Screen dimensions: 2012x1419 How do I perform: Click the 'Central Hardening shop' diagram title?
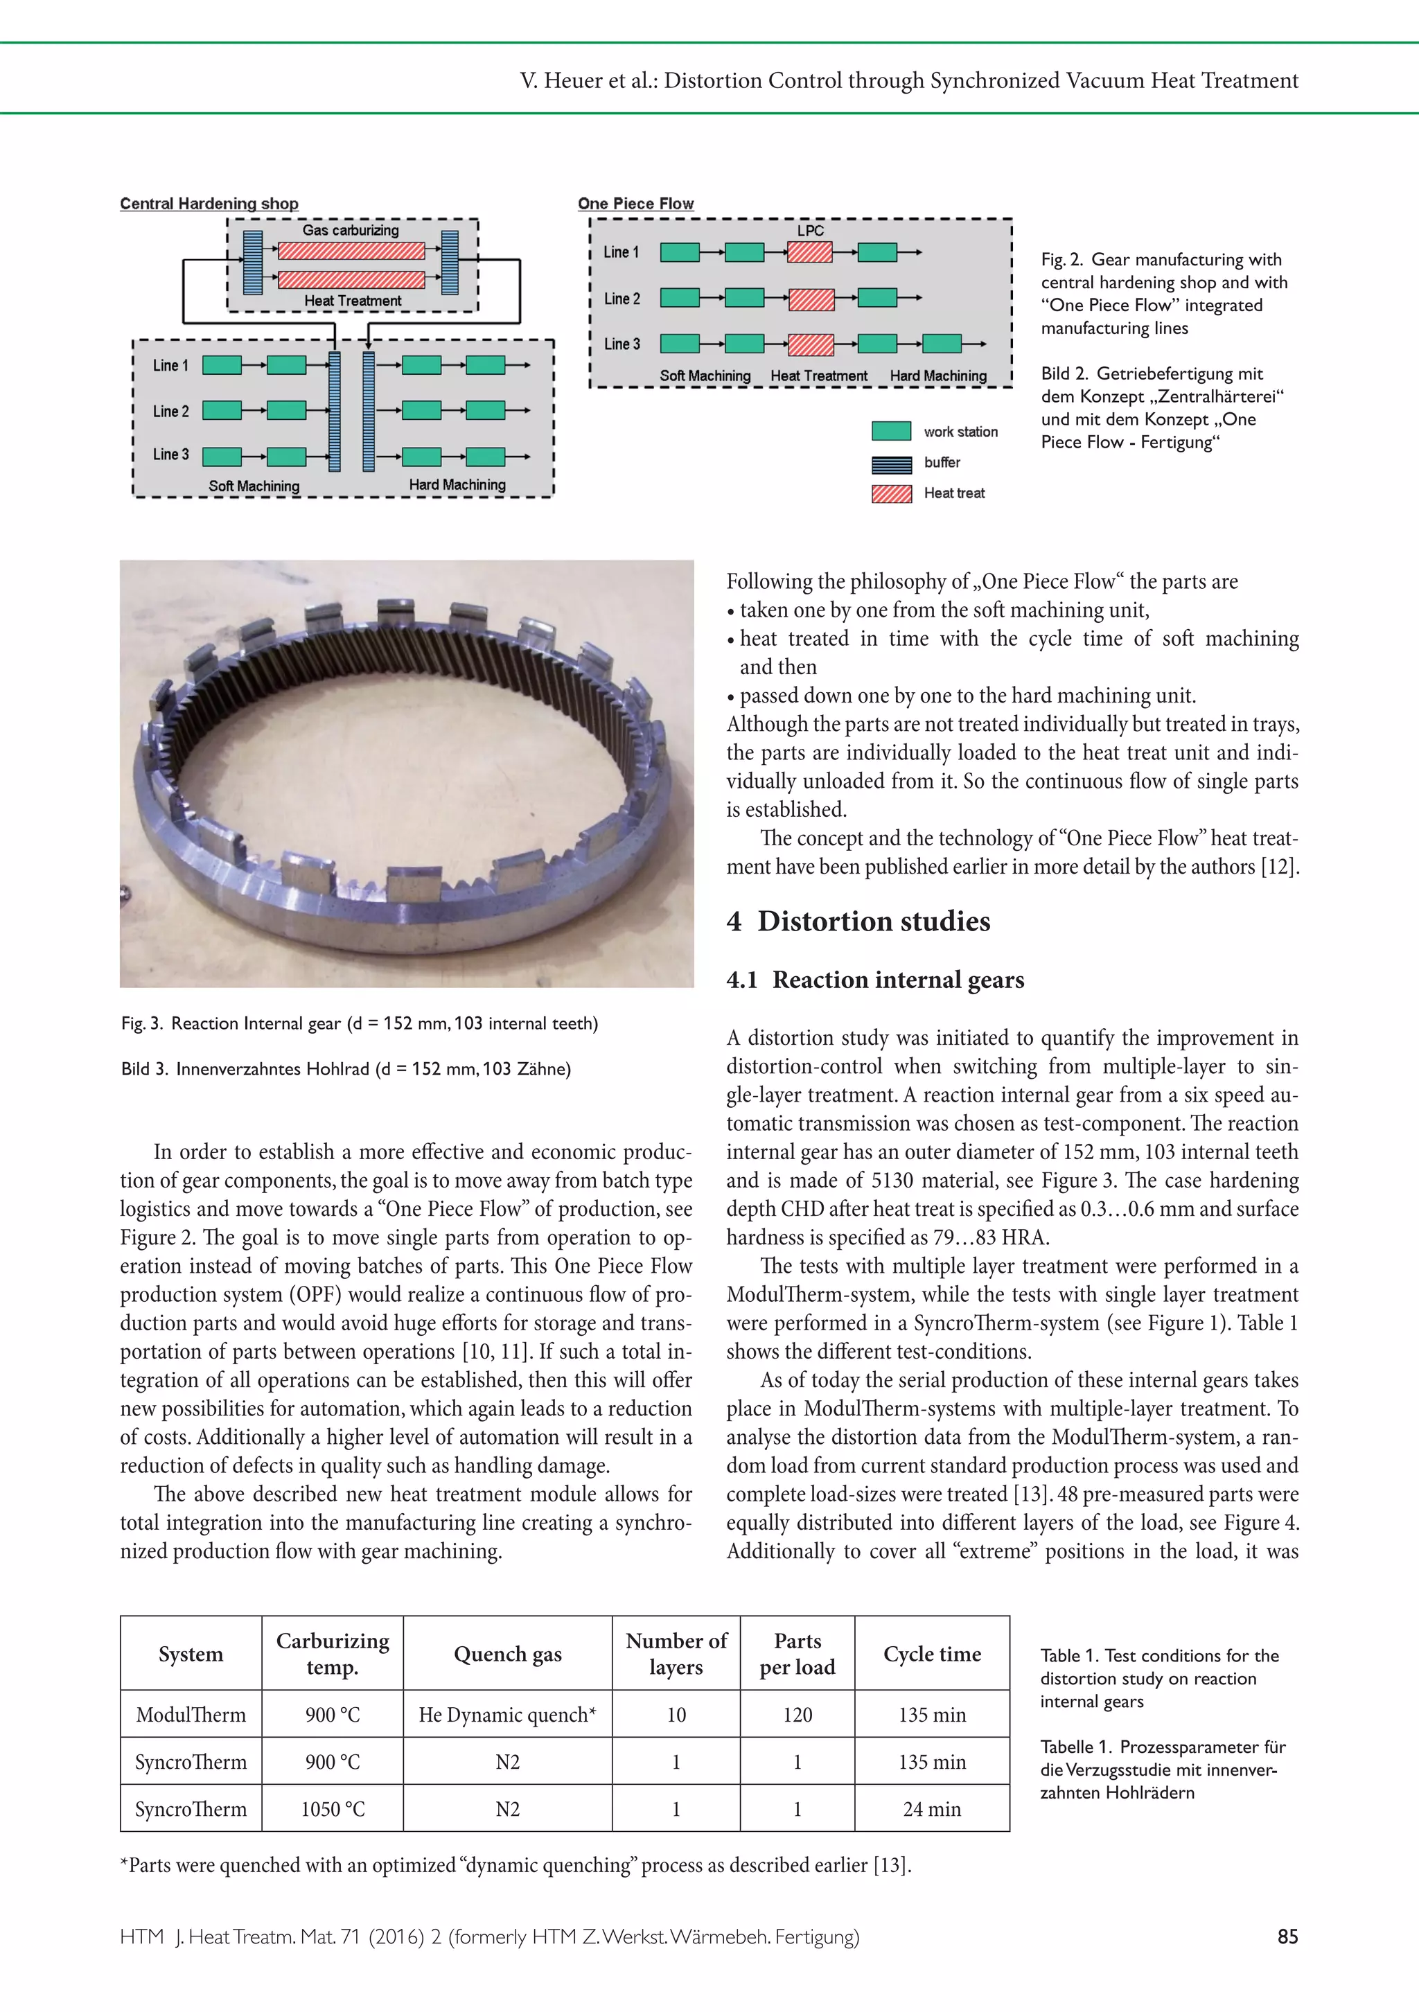pyautogui.click(x=209, y=203)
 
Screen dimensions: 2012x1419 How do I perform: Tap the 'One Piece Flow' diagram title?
pyautogui.click(x=635, y=203)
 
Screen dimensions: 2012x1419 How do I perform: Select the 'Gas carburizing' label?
pyautogui.click(x=351, y=229)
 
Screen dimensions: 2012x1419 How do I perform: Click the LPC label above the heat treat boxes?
pyautogui.click(x=810, y=231)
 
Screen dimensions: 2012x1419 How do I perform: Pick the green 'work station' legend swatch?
pyautogui.click(x=891, y=431)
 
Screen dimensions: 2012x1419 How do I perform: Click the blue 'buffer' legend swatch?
pyautogui.click(x=891, y=463)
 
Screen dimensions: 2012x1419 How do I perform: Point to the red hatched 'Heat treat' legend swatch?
pyautogui.click(x=891, y=493)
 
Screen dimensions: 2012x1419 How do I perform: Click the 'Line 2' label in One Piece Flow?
pyautogui.click(x=622, y=299)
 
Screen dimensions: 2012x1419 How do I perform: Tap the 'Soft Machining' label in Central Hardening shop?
pyautogui.click(x=254, y=486)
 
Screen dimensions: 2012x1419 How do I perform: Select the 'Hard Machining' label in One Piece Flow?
pyautogui.click(x=938, y=376)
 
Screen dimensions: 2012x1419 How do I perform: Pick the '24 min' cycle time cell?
pyautogui.click(x=932, y=1809)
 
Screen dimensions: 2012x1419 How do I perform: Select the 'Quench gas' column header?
pyautogui.click(x=507, y=1654)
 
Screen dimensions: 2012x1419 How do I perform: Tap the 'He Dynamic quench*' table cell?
pyautogui.click(x=507, y=1714)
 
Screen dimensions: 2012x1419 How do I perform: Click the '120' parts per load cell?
pyautogui.click(x=797, y=1714)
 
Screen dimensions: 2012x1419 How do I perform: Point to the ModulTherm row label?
pyautogui.click(x=191, y=1714)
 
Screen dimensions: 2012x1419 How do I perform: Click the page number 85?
pyautogui.click(x=1287, y=1936)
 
